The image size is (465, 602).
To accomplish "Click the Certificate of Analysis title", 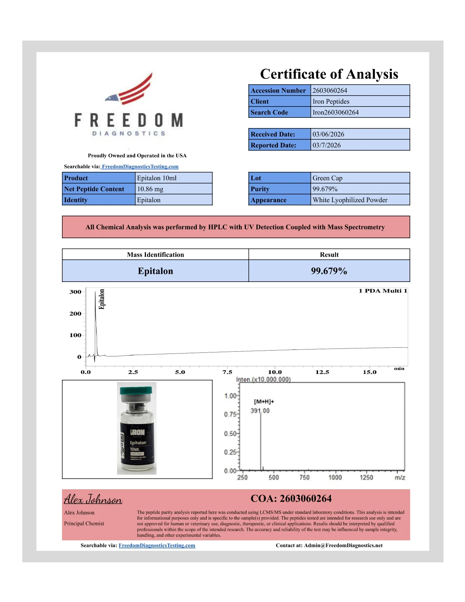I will tap(329, 74).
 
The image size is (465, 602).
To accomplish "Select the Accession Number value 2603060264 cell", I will tap(360, 90).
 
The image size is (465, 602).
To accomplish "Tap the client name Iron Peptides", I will tap(331, 101).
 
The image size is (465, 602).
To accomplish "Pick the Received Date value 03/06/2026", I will tap(328, 134).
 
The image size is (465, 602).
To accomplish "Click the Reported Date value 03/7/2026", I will tap(326, 145).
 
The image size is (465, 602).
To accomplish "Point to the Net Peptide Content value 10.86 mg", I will tap(150, 189).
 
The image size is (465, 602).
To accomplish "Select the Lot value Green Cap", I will tap(327, 178).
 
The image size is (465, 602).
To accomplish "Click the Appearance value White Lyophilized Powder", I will tap(350, 200).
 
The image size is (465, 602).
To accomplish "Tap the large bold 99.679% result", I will tap(329, 271).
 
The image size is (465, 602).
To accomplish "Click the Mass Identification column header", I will tap(155, 255).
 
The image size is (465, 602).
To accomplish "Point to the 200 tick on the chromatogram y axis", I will tap(75, 314).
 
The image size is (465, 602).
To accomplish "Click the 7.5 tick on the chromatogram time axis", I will tap(227, 372).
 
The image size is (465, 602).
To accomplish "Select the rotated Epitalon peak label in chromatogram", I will tap(102, 299).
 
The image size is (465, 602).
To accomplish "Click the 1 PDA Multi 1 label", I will tap(383, 291).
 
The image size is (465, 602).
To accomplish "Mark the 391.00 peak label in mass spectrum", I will tap(260, 411).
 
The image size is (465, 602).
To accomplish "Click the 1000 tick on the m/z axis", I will tap(335, 477).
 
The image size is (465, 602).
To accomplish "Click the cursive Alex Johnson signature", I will tap(93, 499).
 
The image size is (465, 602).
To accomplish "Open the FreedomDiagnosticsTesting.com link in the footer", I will tap(157, 545).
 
